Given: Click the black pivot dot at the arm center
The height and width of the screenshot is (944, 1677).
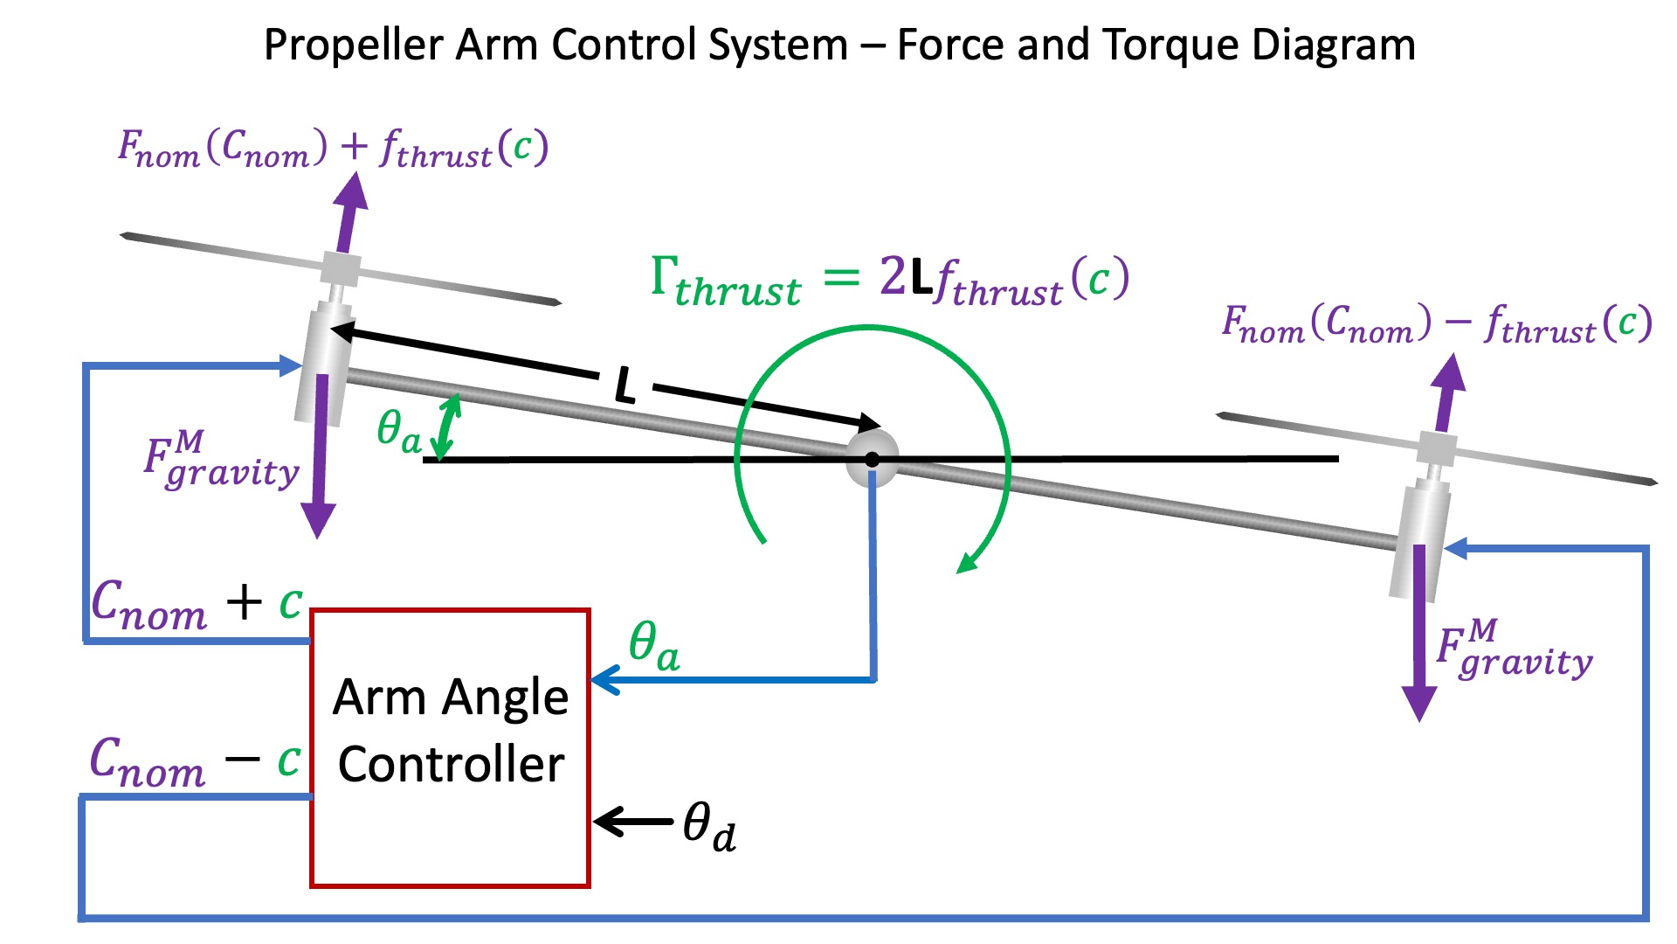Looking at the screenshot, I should point(872,459).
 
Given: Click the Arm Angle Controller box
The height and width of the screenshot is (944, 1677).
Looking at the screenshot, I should point(450,748).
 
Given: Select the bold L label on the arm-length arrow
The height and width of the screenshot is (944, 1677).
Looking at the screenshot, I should point(625,385).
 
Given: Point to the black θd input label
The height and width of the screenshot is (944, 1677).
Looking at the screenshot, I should point(708,826).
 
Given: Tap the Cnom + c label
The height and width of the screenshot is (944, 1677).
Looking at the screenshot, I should point(197,604).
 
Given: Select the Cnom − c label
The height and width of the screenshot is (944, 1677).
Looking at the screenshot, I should point(195,761).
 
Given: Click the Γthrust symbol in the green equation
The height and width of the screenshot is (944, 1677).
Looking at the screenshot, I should point(725,281).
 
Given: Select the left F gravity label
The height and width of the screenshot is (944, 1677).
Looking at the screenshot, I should point(221,460).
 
